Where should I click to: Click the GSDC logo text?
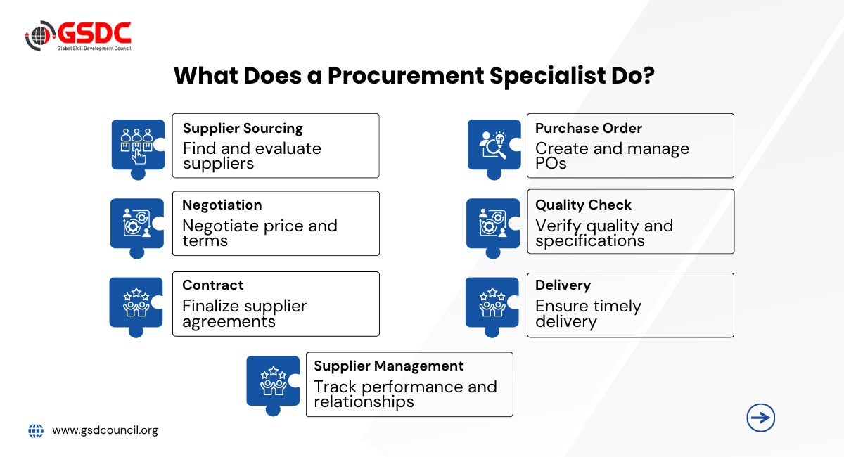coord(94,33)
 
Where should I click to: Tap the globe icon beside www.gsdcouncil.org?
coord(36,430)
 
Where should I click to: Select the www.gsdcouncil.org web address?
coord(105,430)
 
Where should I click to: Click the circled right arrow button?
coord(761,418)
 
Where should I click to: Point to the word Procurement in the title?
coord(406,76)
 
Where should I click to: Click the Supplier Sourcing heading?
coord(243,129)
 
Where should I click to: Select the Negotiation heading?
coord(222,205)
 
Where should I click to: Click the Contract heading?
coord(213,285)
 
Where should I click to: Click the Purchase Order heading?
coord(589,129)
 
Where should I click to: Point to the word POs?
coord(551,164)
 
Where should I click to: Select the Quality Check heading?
coord(583,205)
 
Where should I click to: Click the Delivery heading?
coord(563,285)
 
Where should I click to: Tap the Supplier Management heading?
coord(388,366)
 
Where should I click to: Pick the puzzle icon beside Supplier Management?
coord(273,385)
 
